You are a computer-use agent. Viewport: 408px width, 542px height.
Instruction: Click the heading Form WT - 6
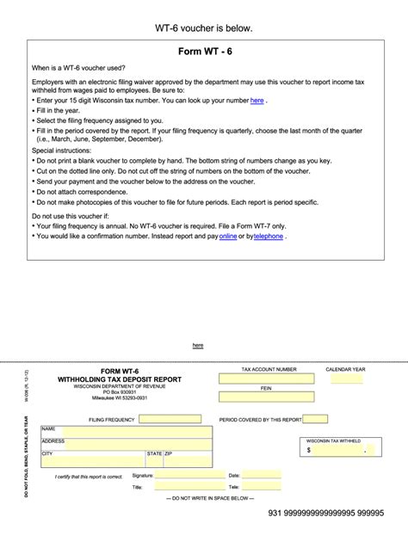pyautogui.click(x=204, y=52)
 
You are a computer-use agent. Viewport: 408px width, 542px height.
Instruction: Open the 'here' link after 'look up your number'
pyautogui.click(x=257, y=101)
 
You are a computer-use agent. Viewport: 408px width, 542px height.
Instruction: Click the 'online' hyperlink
pyautogui.click(x=228, y=236)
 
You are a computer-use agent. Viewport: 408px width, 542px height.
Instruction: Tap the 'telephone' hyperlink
pyautogui.click(x=268, y=236)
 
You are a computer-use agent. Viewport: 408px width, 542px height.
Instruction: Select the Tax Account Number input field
pyautogui.click(x=267, y=379)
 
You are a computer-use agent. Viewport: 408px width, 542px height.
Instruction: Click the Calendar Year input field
pyautogui.click(x=346, y=379)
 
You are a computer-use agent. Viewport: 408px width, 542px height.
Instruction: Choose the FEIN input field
pyautogui.click(x=267, y=397)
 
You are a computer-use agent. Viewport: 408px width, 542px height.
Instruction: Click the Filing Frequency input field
pyautogui.click(x=170, y=420)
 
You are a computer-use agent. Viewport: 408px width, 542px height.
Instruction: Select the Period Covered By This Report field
pyautogui.click(x=315, y=420)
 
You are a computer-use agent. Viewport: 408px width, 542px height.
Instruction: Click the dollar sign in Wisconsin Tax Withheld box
pyautogui.click(x=309, y=449)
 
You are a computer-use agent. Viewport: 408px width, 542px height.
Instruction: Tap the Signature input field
pyautogui.click(x=178, y=475)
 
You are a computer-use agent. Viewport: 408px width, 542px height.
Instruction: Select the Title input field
pyautogui.click(x=178, y=487)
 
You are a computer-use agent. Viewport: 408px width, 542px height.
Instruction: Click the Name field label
pyautogui.click(x=48, y=428)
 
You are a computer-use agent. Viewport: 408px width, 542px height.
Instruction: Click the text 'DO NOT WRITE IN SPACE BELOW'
pyautogui.click(x=204, y=498)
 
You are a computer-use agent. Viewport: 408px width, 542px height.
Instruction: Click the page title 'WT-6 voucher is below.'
pyautogui.click(x=204, y=28)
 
